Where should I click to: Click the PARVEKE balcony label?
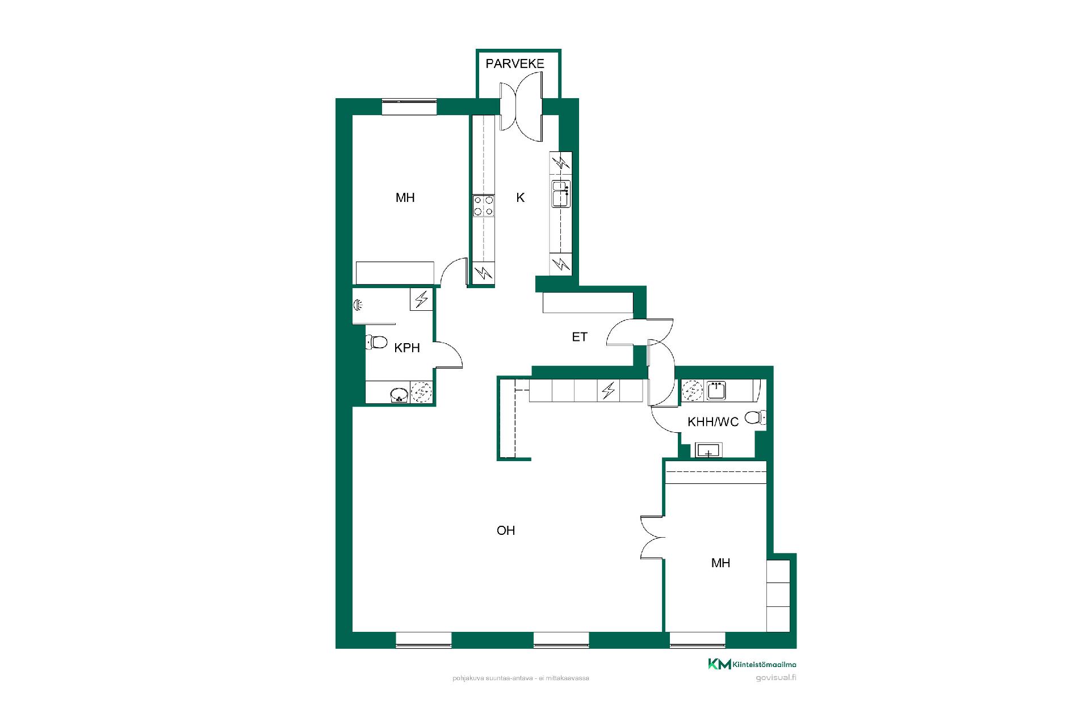(x=515, y=64)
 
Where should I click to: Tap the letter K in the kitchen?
(x=520, y=198)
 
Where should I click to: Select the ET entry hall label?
(x=579, y=337)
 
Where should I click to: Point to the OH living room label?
(x=506, y=530)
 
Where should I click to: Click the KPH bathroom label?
(x=407, y=348)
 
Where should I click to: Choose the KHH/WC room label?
(x=713, y=422)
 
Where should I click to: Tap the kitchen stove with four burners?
(x=484, y=205)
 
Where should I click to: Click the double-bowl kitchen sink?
(x=561, y=193)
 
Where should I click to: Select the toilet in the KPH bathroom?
(x=376, y=342)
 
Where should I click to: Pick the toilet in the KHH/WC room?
(x=755, y=417)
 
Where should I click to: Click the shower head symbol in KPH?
(x=358, y=305)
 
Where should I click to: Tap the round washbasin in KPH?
(x=399, y=394)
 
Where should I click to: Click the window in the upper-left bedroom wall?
(x=409, y=107)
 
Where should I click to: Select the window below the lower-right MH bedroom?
(x=698, y=640)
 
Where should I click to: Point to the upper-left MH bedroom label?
(x=405, y=197)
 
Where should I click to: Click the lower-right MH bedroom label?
(x=720, y=563)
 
